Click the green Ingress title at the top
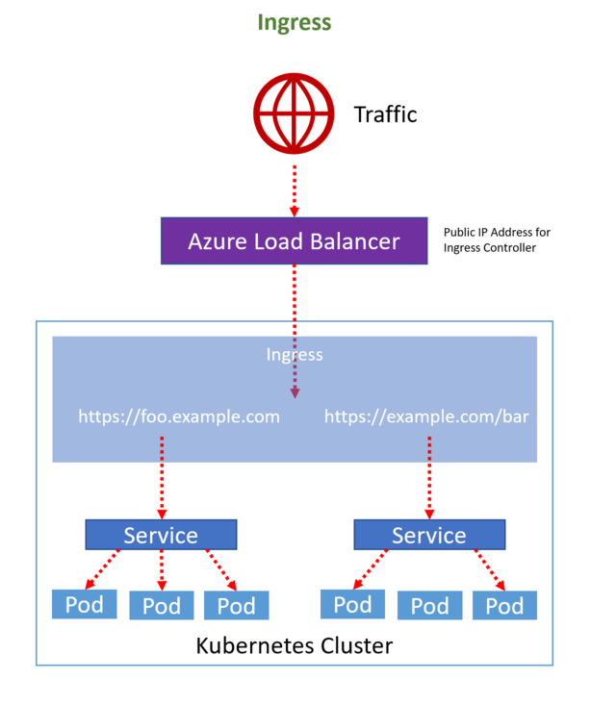(x=295, y=23)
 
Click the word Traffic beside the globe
(x=385, y=114)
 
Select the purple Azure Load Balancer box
(x=294, y=240)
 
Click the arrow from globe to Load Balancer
(x=295, y=187)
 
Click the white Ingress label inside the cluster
(x=295, y=355)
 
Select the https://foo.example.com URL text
(x=180, y=416)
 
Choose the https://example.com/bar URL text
(x=425, y=416)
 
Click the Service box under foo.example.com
(x=161, y=535)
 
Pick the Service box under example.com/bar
(x=429, y=535)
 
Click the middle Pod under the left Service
(x=161, y=605)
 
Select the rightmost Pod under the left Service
(x=236, y=605)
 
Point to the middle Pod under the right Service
(x=429, y=605)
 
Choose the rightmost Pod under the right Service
(x=504, y=605)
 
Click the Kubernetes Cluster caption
(x=295, y=645)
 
